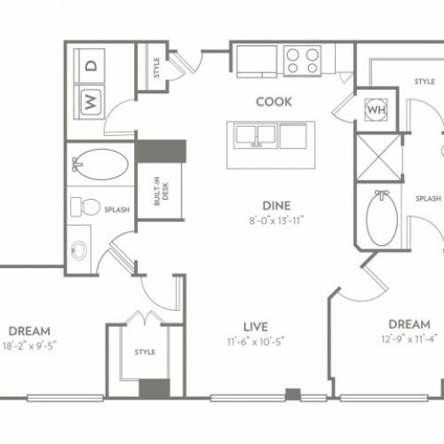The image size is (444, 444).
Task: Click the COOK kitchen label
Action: [x=274, y=102]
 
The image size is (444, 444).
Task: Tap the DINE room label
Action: [x=276, y=206]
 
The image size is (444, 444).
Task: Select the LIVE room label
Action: [x=256, y=327]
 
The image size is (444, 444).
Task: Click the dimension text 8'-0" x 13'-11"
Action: [x=276, y=220]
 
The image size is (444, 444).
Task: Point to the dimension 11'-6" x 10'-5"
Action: [x=256, y=342]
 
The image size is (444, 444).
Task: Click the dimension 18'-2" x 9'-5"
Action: [x=29, y=345]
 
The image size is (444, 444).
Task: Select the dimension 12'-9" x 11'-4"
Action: [x=409, y=338]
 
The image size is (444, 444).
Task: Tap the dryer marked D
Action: [x=89, y=66]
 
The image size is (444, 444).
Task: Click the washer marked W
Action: [x=89, y=102]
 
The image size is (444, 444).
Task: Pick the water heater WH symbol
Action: [x=377, y=109]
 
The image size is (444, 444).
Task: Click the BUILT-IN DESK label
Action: [x=162, y=191]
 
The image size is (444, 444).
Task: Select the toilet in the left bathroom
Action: [x=84, y=207]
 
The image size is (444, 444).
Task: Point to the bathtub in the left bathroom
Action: [x=101, y=164]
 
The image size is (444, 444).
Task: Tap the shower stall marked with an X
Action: [x=380, y=157]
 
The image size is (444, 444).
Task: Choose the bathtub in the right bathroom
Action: [x=382, y=218]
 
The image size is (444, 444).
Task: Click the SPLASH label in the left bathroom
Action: [x=117, y=210]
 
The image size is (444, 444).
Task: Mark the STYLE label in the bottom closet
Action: [x=145, y=352]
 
